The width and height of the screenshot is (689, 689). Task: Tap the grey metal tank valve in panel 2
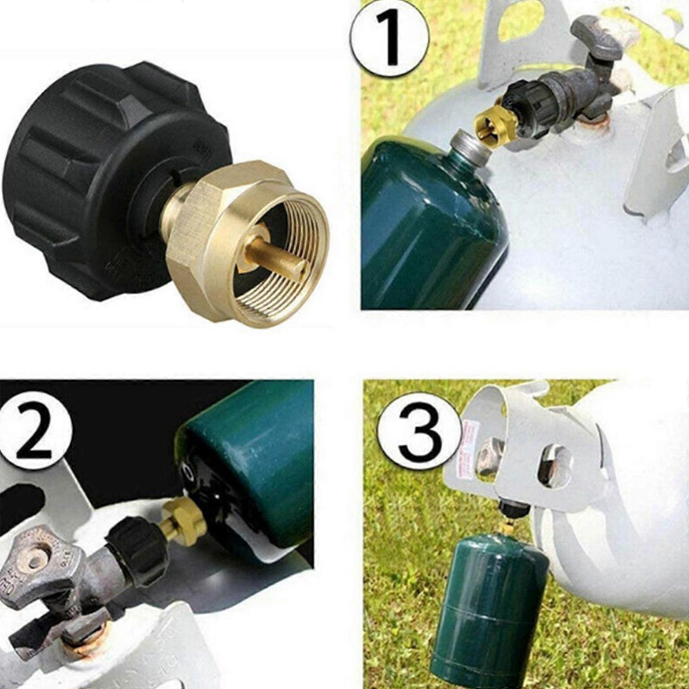pyautogui.click(x=43, y=573)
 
